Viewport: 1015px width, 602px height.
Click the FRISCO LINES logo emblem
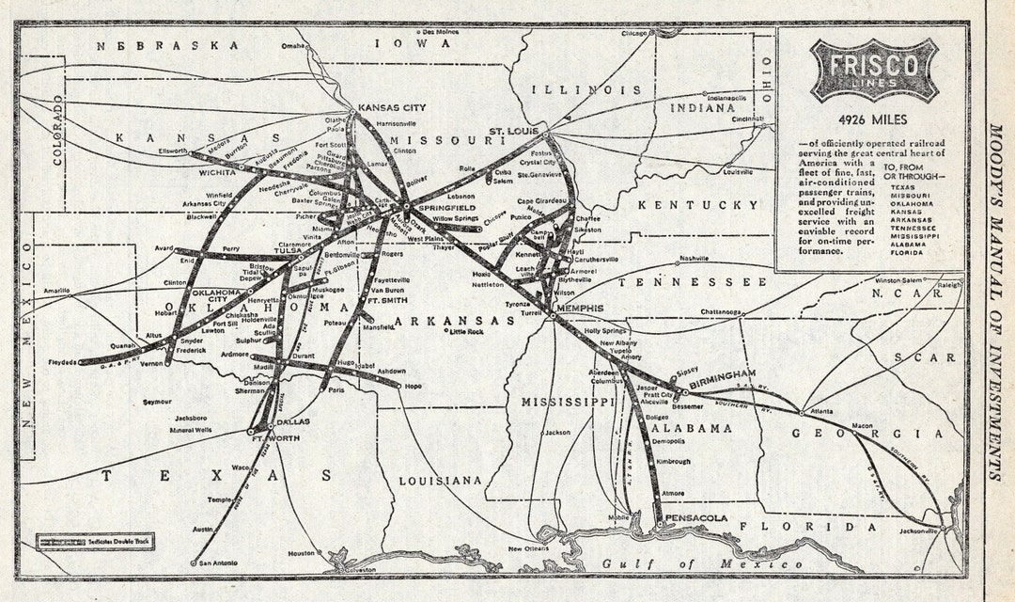[x=873, y=70]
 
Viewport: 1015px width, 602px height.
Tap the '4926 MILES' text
[x=873, y=119]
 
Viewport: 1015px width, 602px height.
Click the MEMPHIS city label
[x=579, y=309]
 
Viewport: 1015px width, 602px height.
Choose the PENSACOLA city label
[x=695, y=518]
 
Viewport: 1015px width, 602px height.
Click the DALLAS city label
[x=293, y=422]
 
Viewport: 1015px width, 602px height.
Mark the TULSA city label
[x=288, y=251]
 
